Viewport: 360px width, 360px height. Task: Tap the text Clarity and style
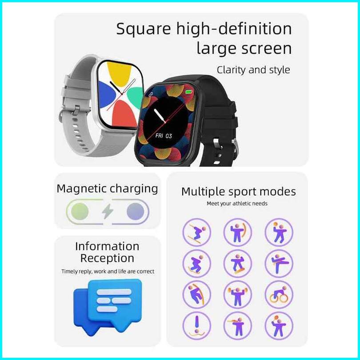click(253, 70)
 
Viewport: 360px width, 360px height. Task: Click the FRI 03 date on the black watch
click(163, 136)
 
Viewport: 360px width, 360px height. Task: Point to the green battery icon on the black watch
click(189, 92)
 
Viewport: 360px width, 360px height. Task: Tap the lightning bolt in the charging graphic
click(108, 212)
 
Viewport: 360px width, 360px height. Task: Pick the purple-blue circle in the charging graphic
click(135, 212)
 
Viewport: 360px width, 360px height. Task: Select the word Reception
click(107, 258)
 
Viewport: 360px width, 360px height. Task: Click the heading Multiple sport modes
click(238, 192)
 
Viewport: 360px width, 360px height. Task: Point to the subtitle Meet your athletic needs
click(237, 204)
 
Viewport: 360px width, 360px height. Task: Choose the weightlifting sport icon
click(237, 294)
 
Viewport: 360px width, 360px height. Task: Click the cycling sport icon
click(279, 294)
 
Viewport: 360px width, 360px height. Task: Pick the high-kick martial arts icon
click(279, 263)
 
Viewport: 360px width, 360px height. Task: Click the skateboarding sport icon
click(237, 263)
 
